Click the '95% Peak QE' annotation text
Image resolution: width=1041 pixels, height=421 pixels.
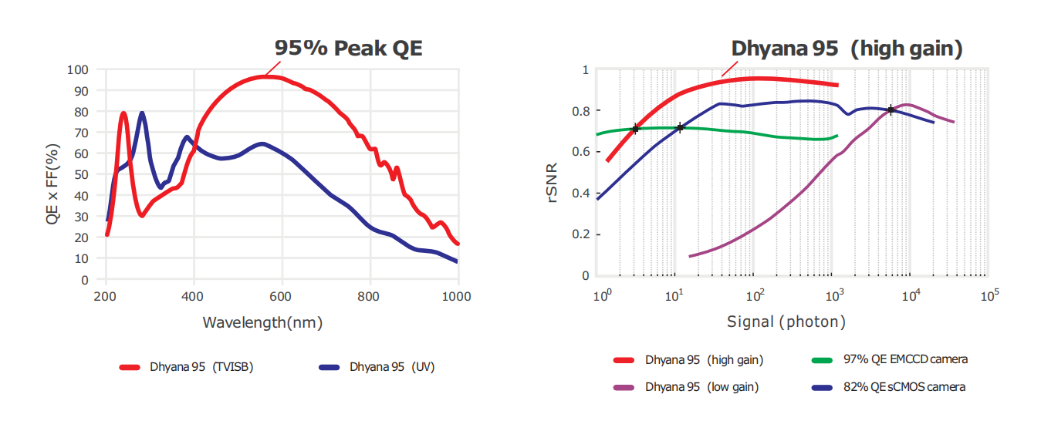pyautogui.click(x=349, y=49)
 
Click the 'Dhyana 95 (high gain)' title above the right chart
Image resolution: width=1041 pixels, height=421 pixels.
pyautogui.click(x=847, y=49)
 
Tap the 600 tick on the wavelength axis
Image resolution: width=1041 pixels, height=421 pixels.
pyautogui.click(x=282, y=295)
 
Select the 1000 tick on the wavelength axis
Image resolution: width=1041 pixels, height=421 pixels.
pyautogui.click(x=458, y=295)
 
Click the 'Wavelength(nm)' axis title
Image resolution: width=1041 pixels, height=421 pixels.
pyautogui.click(x=262, y=322)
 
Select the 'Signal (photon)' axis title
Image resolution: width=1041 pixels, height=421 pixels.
pyautogui.click(x=786, y=322)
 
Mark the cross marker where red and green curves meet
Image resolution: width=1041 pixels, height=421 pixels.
pyautogui.click(x=635, y=129)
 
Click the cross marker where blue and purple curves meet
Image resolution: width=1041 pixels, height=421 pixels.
pyautogui.click(x=891, y=110)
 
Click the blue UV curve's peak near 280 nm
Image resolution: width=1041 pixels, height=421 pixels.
pyautogui.click(x=142, y=113)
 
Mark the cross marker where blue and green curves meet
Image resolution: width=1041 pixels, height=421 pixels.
pyautogui.click(x=680, y=127)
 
